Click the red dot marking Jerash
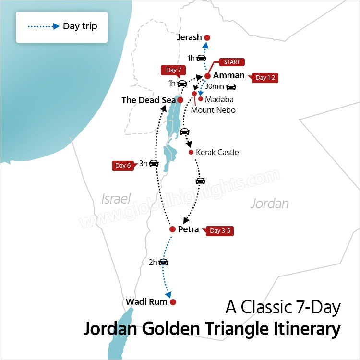tap(207, 37)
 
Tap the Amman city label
tap(228, 75)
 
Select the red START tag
tap(232, 62)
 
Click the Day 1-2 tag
tap(266, 78)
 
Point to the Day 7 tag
tap(173, 70)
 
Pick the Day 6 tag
tap(122, 166)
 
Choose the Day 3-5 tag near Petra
tap(222, 231)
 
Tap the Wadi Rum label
tap(146, 302)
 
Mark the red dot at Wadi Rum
tap(173, 302)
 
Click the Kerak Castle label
tap(217, 152)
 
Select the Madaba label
tap(219, 99)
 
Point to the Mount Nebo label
tap(213, 110)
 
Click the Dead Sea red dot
tap(180, 100)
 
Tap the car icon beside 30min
tap(231, 87)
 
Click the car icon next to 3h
tap(154, 163)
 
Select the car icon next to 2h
tap(163, 262)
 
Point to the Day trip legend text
tap(80, 26)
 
